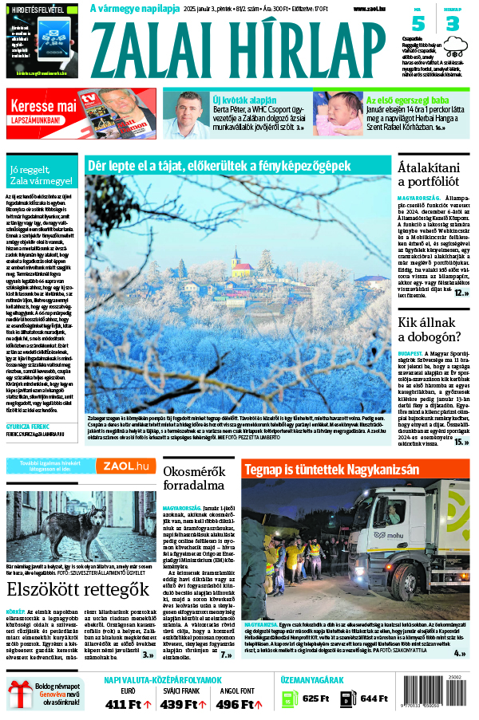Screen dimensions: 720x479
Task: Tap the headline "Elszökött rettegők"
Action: tap(78, 590)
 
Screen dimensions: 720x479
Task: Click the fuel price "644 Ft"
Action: tap(373, 699)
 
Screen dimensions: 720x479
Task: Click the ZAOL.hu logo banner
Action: tap(125, 466)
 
